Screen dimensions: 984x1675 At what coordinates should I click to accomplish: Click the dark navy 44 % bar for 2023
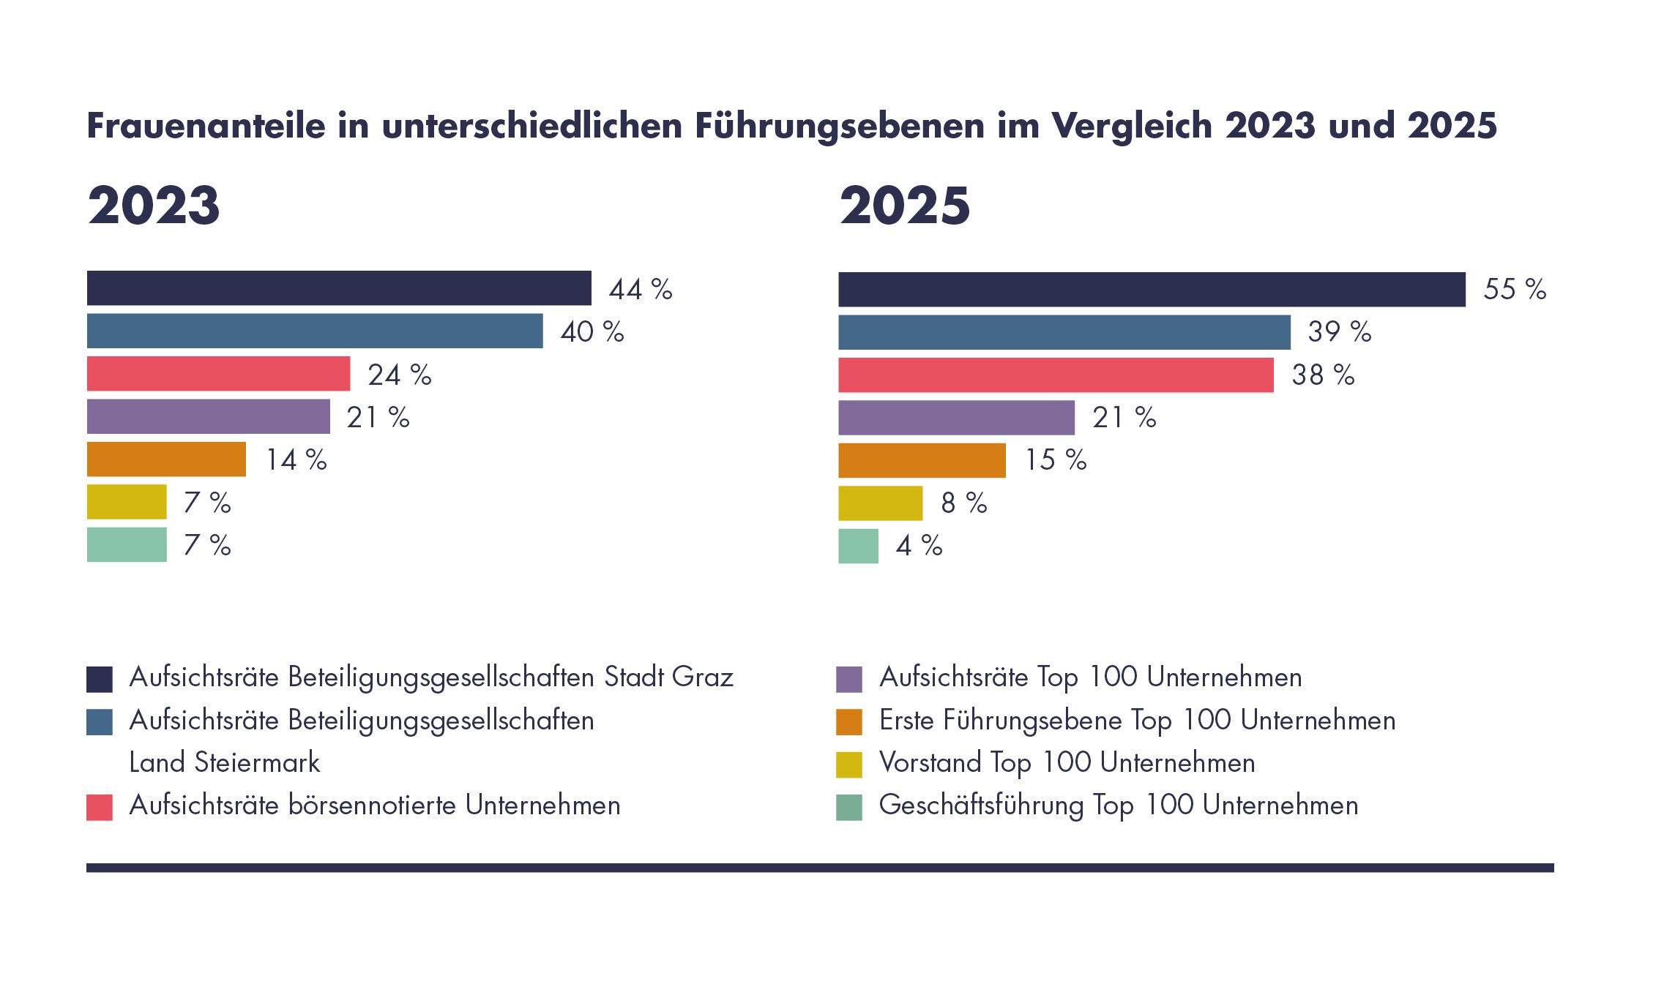pyautogui.click(x=339, y=288)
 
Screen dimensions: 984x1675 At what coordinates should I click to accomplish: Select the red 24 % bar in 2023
pyautogui.click(x=218, y=374)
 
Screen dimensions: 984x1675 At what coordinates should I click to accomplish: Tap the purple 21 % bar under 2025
pyautogui.click(x=956, y=418)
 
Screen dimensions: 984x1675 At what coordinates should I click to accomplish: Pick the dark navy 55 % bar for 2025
pyautogui.click(x=1152, y=290)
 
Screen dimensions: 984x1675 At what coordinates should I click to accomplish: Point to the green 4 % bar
pyautogui.click(x=858, y=546)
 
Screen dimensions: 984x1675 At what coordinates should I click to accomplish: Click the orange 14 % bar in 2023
pyautogui.click(x=166, y=459)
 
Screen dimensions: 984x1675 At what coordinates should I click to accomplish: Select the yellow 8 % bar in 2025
pyautogui.click(x=880, y=503)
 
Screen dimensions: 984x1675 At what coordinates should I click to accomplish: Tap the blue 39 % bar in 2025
pyautogui.click(x=1064, y=332)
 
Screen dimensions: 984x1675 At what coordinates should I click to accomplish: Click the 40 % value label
pyautogui.click(x=592, y=332)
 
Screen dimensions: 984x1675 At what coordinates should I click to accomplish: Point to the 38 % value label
pyautogui.click(x=1323, y=375)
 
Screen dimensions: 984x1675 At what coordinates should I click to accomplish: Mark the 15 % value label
pyautogui.click(x=1055, y=460)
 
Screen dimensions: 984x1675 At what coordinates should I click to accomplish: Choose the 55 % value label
pyautogui.click(x=1515, y=290)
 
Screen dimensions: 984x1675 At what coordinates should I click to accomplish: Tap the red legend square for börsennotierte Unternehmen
pyautogui.click(x=100, y=807)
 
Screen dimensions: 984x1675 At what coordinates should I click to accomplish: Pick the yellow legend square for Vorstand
pyautogui.click(x=849, y=765)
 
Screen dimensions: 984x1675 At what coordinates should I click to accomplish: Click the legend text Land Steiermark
pyautogui.click(x=225, y=763)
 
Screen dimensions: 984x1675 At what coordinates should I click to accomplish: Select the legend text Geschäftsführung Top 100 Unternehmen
pyautogui.click(x=1118, y=805)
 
